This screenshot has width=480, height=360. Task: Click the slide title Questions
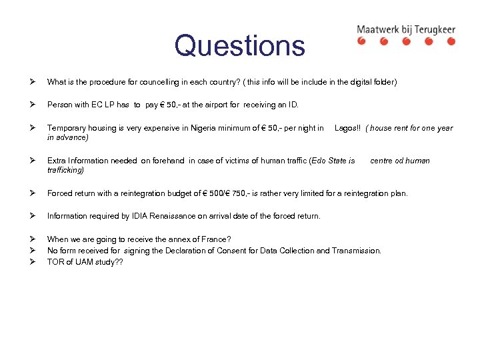tap(239, 45)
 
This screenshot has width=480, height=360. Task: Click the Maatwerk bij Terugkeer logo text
tap(405, 29)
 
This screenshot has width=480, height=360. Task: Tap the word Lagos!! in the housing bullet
tap(347, 128)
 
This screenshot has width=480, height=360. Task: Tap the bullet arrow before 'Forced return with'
tap(31, 193)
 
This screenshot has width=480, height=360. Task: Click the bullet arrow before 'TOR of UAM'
tap(31, 261)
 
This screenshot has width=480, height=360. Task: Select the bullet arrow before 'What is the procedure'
tap(31, 82)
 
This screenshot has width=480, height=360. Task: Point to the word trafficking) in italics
tap(65, 170)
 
